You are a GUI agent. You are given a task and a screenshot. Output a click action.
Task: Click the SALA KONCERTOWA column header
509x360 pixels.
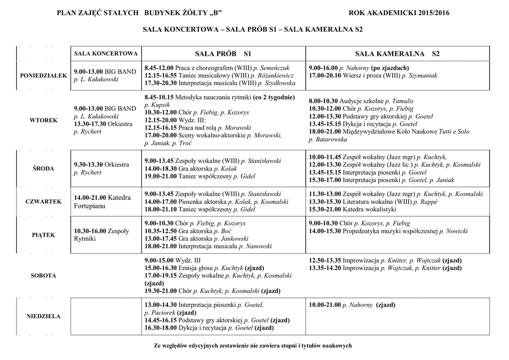[x=105, y=53]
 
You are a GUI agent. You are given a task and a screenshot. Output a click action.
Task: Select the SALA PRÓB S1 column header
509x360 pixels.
[x=223, y=53]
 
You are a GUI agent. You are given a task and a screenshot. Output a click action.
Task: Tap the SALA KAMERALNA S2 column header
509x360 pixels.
[x=397, y=53]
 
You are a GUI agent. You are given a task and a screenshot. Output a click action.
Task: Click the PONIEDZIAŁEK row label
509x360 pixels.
[x=43, y=75]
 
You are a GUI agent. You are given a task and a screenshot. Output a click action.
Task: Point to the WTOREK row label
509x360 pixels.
[x=43, y=120]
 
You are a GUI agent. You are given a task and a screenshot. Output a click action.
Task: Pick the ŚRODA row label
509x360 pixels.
[x=43, y=169]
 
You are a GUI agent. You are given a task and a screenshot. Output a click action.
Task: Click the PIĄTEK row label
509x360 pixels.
[x=43, y=235]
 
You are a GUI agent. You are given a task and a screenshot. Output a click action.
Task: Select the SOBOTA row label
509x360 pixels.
[x=43, y=275]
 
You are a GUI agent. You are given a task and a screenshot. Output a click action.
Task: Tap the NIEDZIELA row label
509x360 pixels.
[x=43, y=316]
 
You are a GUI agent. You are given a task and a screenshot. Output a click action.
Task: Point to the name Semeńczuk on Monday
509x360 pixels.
[x=274, y=68]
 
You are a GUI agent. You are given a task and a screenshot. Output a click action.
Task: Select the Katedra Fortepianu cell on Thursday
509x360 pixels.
[x=102, y=201]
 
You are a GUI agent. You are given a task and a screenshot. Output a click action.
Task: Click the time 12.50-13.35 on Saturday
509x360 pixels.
[x=326, y=260]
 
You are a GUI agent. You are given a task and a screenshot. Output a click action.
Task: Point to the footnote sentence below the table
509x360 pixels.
[x=253, y=346]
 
